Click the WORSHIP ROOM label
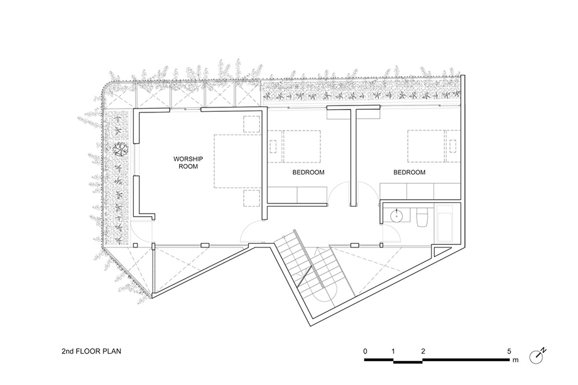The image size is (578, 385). pyautogui.click(x=188, y=163)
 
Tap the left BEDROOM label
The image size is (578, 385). pyautogui.click(x=308, y=172)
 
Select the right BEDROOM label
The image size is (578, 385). pyautogui.click(x=409, y=172)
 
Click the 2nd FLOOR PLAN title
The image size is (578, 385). pyautogui.click(x=91, y=351)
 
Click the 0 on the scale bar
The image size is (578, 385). pyautogui.click(x=365, y=351)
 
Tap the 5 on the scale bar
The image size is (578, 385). pyautogui.click(x=510, y=351)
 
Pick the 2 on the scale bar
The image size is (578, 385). pyautogui.click(x=423, y=351)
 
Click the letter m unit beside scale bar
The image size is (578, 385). pyautogui.click(x=515, y=360)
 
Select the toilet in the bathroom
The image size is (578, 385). pyautogui.click(x=421, y=217)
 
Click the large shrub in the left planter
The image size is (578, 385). pyautogui.click(x=119, y=149)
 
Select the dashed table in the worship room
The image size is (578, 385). pyautogui.click(x=237, y=161)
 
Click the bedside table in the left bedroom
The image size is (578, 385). pyautogui.click(x=273, y=146)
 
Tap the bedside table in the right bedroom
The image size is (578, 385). pyautogui.click(x=453, y=146)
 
